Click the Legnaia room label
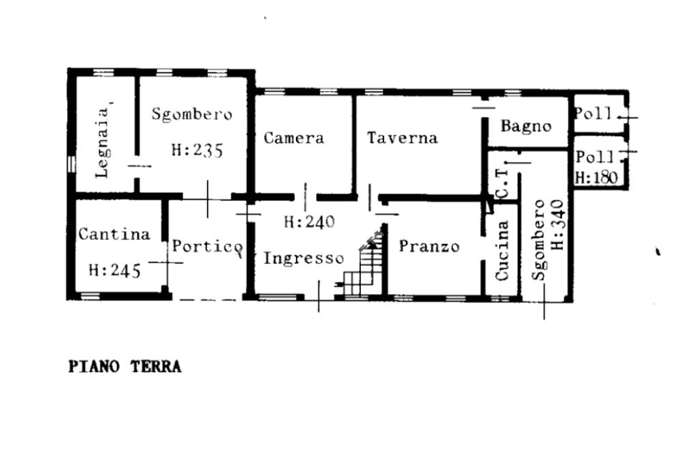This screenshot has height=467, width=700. (103, 142)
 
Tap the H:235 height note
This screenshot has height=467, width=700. (197, 150)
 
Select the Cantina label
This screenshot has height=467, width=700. (114, 234)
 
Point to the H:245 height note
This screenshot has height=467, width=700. (114, 270)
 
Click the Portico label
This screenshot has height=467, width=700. (206, 246)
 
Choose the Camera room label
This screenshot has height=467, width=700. (294, 137)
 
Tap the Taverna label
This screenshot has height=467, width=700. (402, 137)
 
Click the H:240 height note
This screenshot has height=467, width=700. (310, 222)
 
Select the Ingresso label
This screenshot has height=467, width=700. (304, 258)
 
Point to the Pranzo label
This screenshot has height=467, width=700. (429, 246)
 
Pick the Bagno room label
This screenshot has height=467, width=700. (526, 126)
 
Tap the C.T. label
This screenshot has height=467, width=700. (502, 184)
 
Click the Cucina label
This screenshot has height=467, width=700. (502, 250)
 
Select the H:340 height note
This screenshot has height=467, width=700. (557, 224)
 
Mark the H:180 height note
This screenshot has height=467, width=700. (595, 178)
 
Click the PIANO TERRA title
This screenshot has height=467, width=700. (125, 366)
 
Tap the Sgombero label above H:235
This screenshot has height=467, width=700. (191, 114)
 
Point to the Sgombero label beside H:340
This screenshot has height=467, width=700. (539, 239)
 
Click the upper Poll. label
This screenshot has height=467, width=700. (593, 114)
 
